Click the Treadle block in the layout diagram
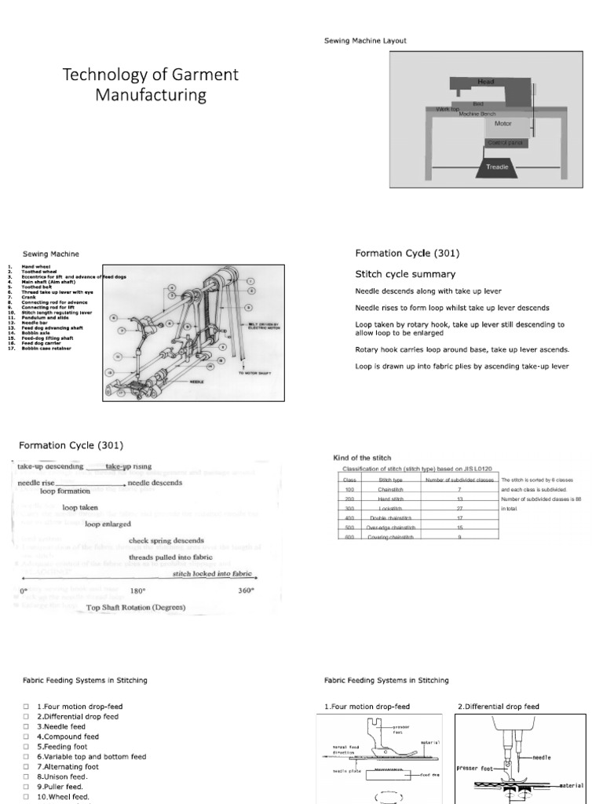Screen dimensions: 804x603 498,166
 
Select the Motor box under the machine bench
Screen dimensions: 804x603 502,123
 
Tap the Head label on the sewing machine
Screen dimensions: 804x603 487,81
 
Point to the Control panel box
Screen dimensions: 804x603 502,143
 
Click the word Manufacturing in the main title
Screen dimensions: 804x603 151,96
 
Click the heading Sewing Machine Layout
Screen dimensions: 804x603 365,40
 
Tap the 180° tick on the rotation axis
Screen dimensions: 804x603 137,590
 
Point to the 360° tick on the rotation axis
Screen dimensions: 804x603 246,590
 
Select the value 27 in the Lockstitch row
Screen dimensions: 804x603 459,509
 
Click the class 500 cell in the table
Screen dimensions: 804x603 350,528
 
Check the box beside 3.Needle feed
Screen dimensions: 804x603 27,727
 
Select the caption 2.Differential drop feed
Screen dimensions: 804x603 499,707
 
